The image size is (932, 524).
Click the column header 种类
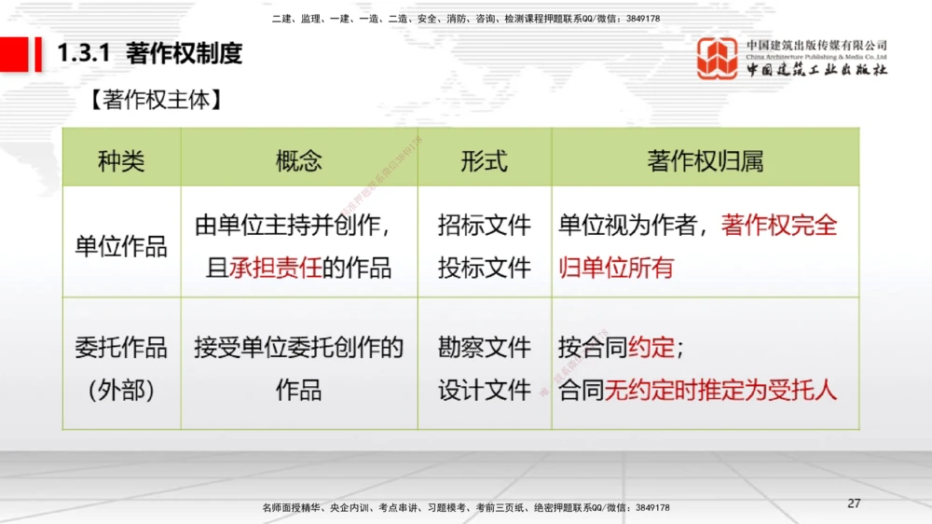click(121, 160)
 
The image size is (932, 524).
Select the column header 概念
click(298, 160)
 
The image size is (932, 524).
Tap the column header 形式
click(484, 160)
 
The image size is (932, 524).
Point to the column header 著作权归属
click(705, 160)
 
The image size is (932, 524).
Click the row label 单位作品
click(121, 247)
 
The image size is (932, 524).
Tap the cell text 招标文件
click(484, 226)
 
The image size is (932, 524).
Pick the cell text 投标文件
click(484, 269)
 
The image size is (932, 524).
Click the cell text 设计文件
click(484, 391)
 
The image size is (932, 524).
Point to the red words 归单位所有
click(615, 269)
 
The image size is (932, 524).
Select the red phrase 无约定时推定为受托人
click(720, 391)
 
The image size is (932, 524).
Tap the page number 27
click(854, 503)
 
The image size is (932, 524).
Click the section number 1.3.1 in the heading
click(85, 54)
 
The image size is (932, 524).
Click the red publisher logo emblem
click(718, 59)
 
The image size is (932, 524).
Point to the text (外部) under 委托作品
click(121, 391)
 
